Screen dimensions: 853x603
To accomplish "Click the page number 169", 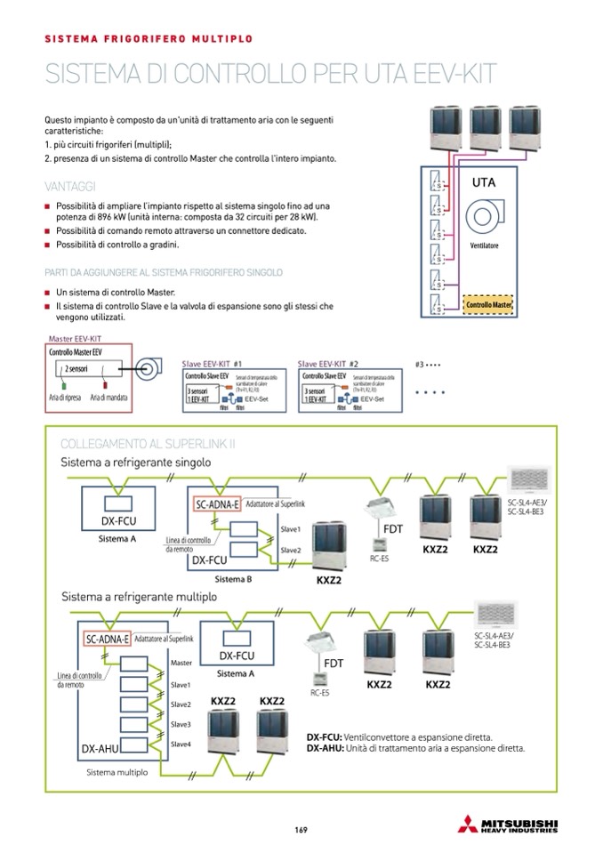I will click(x=301, y=831).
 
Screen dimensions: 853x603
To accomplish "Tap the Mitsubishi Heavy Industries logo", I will click(x=519, y=825).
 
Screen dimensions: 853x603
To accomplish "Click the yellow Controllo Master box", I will click(x=489, y=305).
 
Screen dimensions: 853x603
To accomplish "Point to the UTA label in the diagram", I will click(x=485, y=182).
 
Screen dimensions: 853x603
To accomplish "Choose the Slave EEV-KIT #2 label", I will click(x=328, y=364).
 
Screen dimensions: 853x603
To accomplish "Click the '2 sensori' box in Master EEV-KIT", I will click(x=76, y=368).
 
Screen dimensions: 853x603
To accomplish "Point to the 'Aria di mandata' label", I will click(x=109, y=398).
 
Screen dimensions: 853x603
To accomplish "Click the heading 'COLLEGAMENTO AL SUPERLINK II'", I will click(x=146, y=444).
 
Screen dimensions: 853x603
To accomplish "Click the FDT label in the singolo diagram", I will click(x=392, y=529).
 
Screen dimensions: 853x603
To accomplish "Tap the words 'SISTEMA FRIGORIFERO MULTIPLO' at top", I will click(x=149, y=39).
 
